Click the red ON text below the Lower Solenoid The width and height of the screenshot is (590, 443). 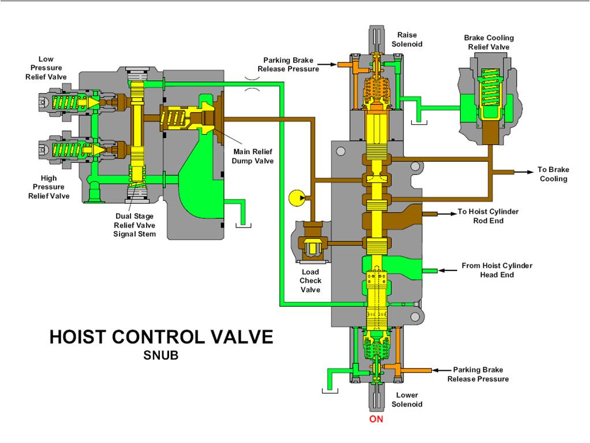coord(376,419)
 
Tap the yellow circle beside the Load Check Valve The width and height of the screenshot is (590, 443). coord(296,198)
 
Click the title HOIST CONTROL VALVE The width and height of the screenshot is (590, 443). coord(161,337)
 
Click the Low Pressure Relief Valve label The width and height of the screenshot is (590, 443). coord(46,68)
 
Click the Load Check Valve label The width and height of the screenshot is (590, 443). coord(311,281)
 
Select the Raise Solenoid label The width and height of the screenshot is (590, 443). coord(407,39)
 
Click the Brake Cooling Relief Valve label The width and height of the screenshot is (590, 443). coord(488,42)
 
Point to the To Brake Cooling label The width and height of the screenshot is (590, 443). coord(553,174)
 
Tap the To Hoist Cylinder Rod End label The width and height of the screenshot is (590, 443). coord(488,216)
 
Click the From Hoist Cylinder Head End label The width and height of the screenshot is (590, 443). coord(496,270)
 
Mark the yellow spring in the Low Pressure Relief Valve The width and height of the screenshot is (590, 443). coord(66,102)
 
